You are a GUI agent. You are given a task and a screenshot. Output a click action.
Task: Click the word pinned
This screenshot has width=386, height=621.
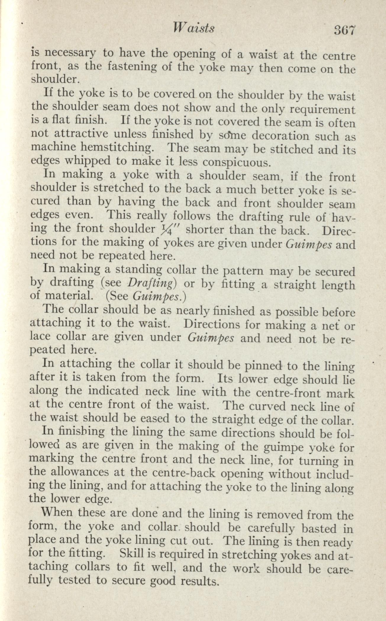[x=264, y=366]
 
